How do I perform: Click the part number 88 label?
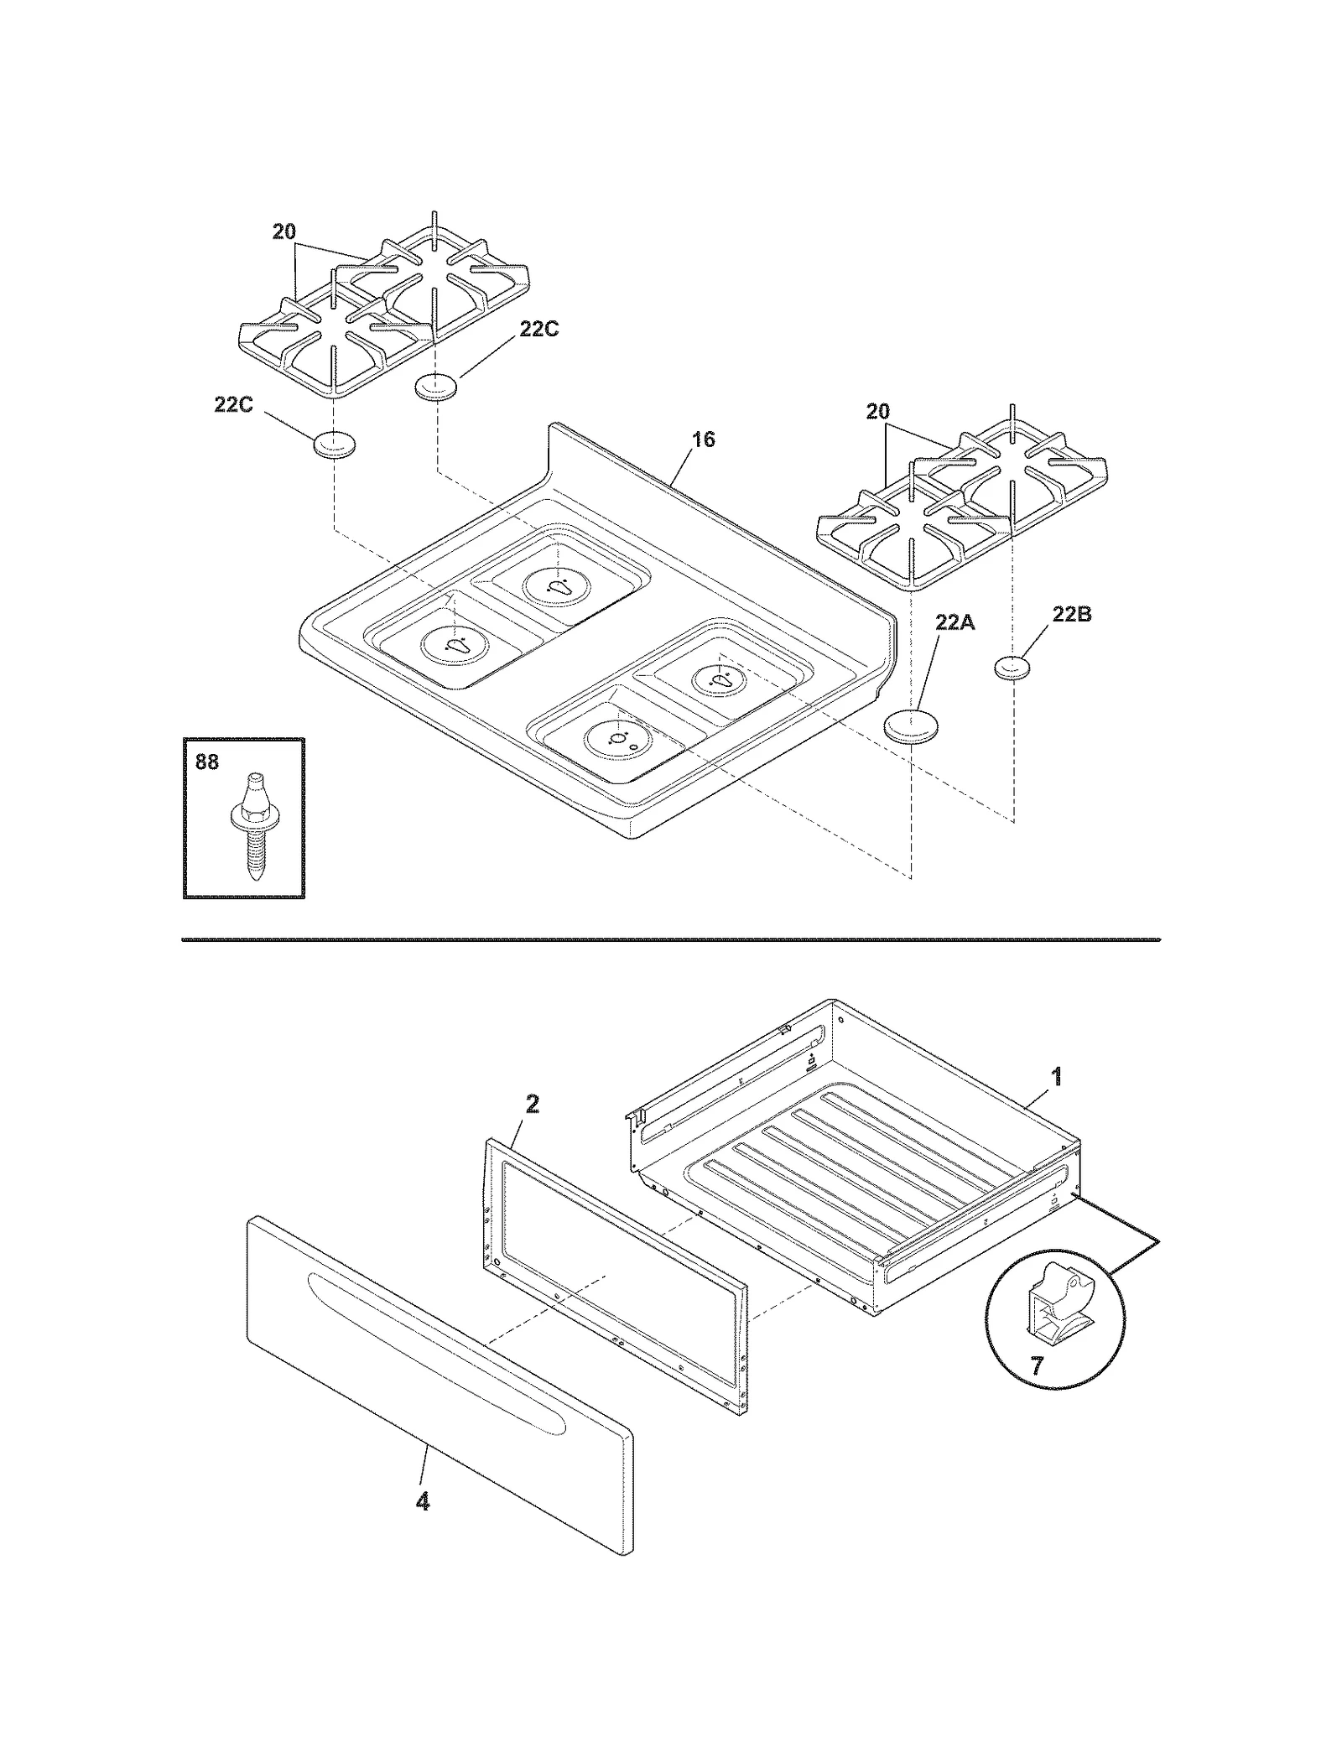pyautogui.click(x=206, y=762)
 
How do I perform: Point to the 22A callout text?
pyautogui.click(x=955, y=622)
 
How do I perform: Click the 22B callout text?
pyautogui.click(x=1072, y=614)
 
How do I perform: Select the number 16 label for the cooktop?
pyautogui.click(x=704, y=439)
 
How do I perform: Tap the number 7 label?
pyautogui.click(x=1037, y=1366)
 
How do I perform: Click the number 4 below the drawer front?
pyautogui.click(x=423, y=1501)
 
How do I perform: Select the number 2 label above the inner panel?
pyautogui.click(x=532, y=1105)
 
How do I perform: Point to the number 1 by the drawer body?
pyautogui.click(x=1057, y=1076)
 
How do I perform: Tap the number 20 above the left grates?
pyautogui.click(x=284, y=231)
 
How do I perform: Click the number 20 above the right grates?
pyautogui.click(x=877, y=412)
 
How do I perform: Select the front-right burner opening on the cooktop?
pyautogui.click(x=618, y=738)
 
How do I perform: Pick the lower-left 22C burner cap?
pyautogui.click(x=334, y=445)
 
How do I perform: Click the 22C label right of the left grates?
pyautogui.click(x=538, y=329)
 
